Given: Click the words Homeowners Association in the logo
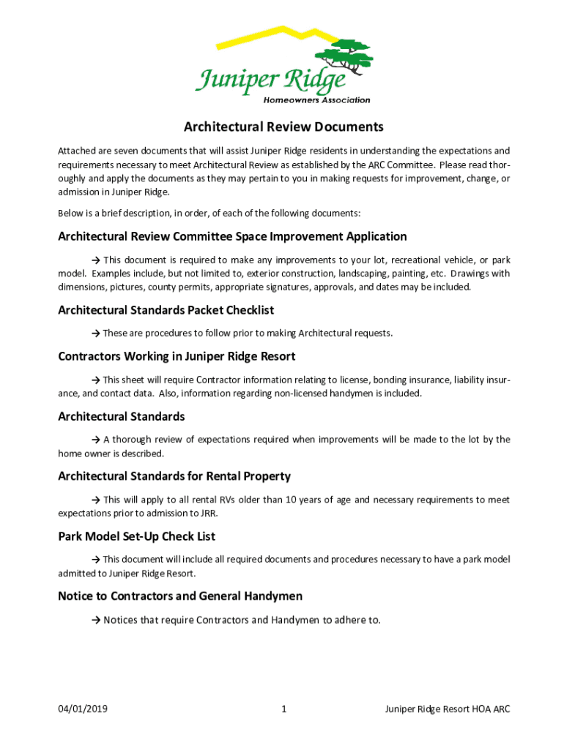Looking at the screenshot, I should pyautogui.click(x=316, y=100).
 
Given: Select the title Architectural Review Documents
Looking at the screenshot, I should pyautogui.click(x=283, y=127).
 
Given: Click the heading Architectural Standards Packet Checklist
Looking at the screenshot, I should pyautogui.click(x=166, y=310).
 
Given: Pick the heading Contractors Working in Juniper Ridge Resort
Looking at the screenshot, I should pyautogui.click(x=177, y=357).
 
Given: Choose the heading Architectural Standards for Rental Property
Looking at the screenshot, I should pyautogui.click(x=174, y=477).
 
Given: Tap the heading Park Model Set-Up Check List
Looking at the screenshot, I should pyautogui.click(x=136, y=537).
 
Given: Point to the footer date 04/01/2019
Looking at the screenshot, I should pyautogui.click(x=84, y=710).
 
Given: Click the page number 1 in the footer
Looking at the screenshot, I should pyautogui.click(x=283, y=710).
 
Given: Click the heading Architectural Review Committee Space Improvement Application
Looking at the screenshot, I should pyautogui.click(x=232, y=237).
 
